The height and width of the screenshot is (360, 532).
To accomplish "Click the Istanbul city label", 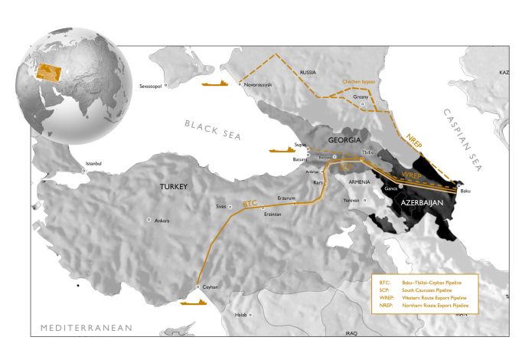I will (x=93, y=164).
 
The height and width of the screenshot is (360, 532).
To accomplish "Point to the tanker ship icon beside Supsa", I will (x=282, y=150).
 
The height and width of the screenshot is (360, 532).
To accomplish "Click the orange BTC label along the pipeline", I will (x=250, y=204).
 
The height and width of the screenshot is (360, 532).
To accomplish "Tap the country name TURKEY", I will (x=174, y=187).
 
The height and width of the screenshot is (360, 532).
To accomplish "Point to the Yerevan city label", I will (x=351, y=200).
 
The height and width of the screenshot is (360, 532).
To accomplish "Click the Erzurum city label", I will (x=286, y=197).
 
